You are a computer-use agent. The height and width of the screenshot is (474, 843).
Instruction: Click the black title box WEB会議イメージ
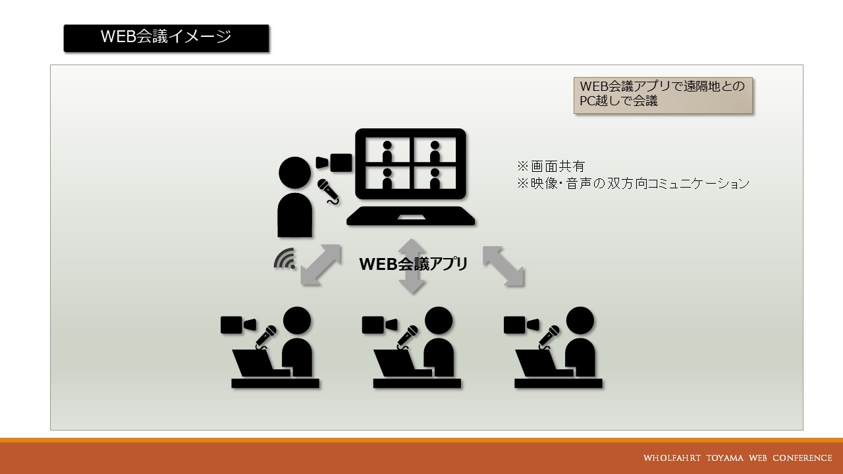[x=167, y=38]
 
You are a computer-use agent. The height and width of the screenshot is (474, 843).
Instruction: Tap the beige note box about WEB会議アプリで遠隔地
[x=663, y=95]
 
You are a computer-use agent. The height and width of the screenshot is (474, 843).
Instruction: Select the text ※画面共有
[x=551, y=167]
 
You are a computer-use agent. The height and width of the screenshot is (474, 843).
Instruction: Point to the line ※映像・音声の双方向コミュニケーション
[x=633, y=184]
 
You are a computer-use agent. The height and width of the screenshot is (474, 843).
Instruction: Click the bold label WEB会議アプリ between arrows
[x=413, y=264]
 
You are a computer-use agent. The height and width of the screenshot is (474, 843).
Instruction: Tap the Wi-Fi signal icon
[x=285, y=259]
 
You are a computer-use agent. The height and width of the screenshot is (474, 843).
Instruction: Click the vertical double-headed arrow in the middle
[x=412, y=266]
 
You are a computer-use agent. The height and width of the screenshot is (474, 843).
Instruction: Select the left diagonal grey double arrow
[x=321, y=265]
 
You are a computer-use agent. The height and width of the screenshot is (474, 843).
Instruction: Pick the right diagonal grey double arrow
[x=504, y=266]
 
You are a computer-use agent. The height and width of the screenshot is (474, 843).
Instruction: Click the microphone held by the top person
[x=328, y=192]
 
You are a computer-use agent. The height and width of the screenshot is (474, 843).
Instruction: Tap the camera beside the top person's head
[x=334, y=163]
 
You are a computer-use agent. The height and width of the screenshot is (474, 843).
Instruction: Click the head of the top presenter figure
[x=294, y=172]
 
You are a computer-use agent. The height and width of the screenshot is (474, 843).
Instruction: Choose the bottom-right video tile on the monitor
[x=435, y=178]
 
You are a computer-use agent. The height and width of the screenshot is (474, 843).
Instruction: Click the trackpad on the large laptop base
[x=412, y=217]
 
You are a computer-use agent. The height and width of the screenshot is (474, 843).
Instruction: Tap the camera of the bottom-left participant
[x=238, y=325]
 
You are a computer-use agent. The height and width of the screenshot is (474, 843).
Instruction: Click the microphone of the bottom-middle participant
[x=407, y=336]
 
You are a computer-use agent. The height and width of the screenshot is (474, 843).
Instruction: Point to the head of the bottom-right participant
[x=580, y=321]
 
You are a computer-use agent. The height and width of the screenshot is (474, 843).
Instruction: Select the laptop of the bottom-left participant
[x=260, y=363]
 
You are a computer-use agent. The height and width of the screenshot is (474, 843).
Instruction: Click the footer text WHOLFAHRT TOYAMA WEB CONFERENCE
[x=738, y=458]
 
